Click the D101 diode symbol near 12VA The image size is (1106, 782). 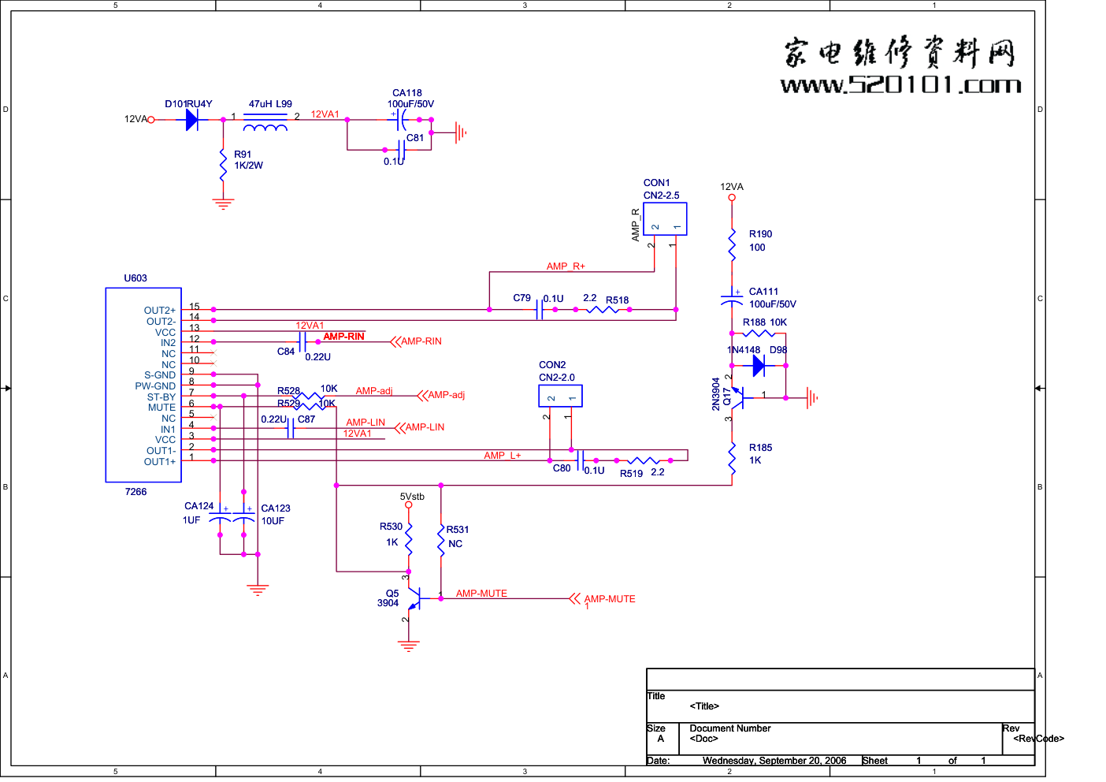(x=191, y=120)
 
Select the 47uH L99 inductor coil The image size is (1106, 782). (x=265, y=126)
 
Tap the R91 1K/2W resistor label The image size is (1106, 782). (x=248, y=160)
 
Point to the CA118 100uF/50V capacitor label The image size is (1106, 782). (x=410, y=99)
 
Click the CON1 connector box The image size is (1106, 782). (x=665, y=219)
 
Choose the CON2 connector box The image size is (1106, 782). (x=560, y=396)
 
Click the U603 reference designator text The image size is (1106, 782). (x=135, y=278)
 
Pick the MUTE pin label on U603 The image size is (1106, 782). (x=161, y=408)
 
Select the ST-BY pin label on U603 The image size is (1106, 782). (x=161, y=397)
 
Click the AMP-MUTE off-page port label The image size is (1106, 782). (x=610, y=599)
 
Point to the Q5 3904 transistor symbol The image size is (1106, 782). (x=413, y=598)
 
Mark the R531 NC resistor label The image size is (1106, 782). (x=457, y=537)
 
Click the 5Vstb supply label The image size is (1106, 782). (x=412, y=497)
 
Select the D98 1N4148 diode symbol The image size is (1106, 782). (x=758, y=365)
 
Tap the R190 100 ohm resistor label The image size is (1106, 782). (x=760, y=240)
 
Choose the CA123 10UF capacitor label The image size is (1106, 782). (x=275, y=515)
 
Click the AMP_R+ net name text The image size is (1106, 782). (x=566, y=266)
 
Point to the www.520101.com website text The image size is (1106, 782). (x=900, y=85)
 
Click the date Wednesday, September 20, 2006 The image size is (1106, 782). (x=774, y=761)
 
